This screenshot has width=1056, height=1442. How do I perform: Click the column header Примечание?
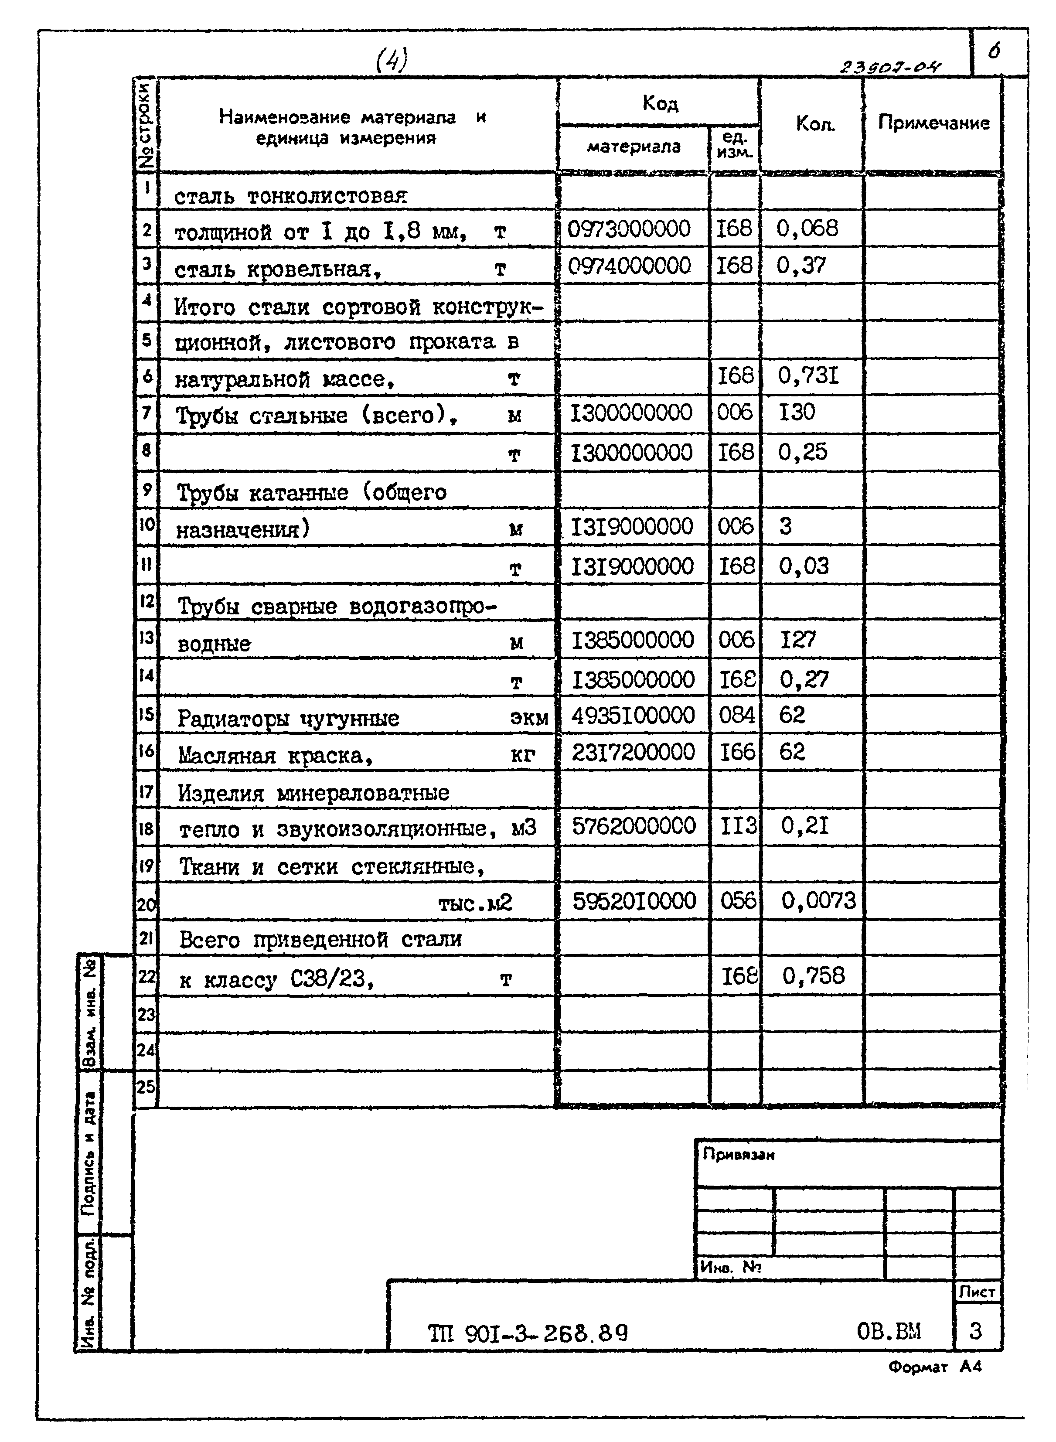click(933, 123)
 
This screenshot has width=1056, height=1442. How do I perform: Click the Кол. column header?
click(815, 123)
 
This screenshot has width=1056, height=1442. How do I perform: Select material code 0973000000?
click(629, 229)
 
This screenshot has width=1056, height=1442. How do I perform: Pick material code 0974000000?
click(630, 266)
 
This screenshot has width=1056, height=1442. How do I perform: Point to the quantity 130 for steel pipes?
click(797, 412)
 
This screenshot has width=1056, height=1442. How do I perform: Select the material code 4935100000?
click(633, 715)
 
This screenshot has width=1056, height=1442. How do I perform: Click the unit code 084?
click(736, 715)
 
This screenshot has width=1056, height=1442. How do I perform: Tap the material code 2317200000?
click(633, 752)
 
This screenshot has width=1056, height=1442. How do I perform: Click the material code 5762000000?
click(634, 826)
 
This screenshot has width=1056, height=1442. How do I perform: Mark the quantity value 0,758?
click(813, 976)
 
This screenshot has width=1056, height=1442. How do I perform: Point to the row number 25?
click(146, 1086)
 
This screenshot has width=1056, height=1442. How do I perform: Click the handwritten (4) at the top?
click(391, 61)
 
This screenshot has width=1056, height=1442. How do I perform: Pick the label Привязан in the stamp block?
click(738, 1154)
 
